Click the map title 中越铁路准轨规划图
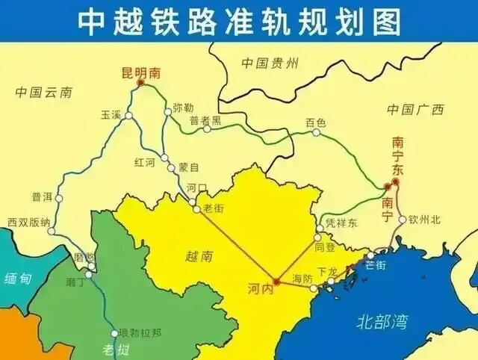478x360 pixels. point(238,21)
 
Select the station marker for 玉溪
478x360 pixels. point(128,116)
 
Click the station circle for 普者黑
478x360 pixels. point(207,128)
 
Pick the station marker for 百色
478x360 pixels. point(316,132)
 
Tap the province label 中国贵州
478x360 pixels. point(270,64)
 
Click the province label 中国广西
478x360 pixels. point(415,110)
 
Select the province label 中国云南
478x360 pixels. point(44,92)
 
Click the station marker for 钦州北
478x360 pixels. point(403,220)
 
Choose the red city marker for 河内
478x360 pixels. point(276,282)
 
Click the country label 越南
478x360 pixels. point(198,255)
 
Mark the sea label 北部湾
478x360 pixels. point(382,323)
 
